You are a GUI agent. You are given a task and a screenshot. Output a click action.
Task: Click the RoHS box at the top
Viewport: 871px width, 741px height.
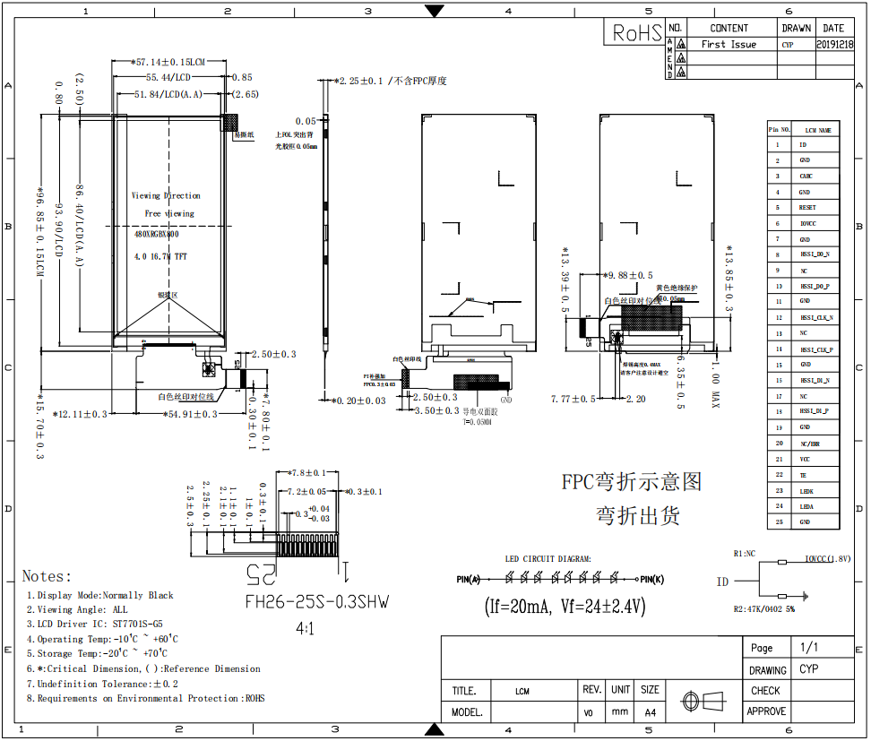pyautogui.click(x=637, y=33)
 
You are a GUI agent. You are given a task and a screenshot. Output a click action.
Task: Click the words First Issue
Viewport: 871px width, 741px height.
pyautogui.click(x=729, y=44)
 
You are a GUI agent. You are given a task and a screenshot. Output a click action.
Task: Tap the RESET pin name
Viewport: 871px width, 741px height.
pyautogui.click(x=806, y=208)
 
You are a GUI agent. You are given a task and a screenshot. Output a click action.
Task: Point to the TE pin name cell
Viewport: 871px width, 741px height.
pyautogui.click(x=804, y=475)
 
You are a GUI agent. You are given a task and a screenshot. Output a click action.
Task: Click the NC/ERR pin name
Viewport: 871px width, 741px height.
pyautogui.click(x=809, y=444)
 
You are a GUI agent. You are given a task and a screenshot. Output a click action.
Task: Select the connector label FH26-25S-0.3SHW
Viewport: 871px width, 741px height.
pyautogui.click(x=317, y=602)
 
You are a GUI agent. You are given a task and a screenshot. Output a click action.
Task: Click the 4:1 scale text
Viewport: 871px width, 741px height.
pyautogui.click(x=306, y=629)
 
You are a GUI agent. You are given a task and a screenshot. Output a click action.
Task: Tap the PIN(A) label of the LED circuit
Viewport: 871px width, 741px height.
pyautogui.click(x=469, y=580)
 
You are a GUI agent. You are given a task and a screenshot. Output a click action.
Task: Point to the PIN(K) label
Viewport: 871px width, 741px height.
pyautogui.click(x=651, y=580)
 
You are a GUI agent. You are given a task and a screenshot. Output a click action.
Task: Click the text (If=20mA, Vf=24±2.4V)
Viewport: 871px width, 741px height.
pyautogui.click(x=565, y=607)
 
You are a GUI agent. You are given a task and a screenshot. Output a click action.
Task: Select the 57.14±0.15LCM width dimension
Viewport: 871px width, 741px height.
pyautogui.click(x=169, y=63)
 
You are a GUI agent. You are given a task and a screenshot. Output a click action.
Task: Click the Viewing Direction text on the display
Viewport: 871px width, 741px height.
pyautogui.click(x=166, y=195)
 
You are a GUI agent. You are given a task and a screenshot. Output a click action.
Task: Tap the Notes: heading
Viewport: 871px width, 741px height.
pyautogui.click(x=47, y=576)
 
